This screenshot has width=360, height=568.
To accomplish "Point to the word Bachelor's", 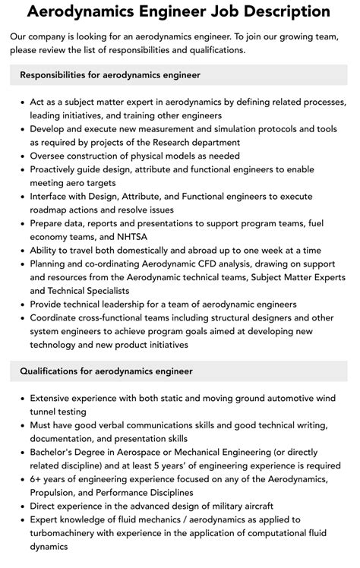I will point(55,451).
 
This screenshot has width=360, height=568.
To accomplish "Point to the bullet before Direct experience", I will point(20,506).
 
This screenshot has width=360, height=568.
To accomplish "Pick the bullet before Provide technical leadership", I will point(20,305).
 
